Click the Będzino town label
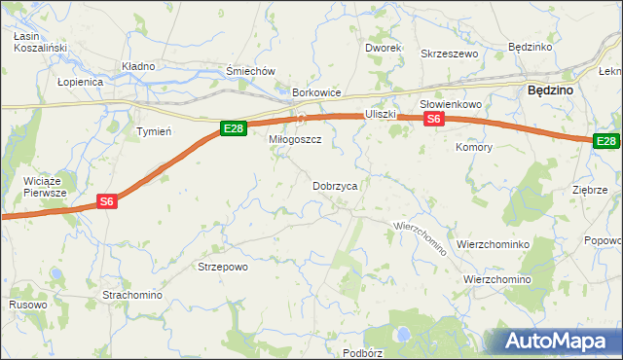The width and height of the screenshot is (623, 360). pyautogui.click(x=549, y=89)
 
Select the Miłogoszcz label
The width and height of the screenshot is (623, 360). pyautogui.click(x=295, y=139)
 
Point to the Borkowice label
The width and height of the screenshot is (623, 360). pyautogui.click(x=316, y=93)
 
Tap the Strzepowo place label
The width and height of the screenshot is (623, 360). pyautogui.click(x=223, y=266)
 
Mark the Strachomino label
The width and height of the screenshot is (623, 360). pyautogui.click(x=132, y=294)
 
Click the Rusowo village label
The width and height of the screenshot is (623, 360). pyautogui.click(x=27, y=305)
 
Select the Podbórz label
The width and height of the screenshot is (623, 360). pyautogui.click(x=363, y=352)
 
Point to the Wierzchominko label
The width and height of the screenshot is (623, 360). pyautogui.click(x=493, y=245)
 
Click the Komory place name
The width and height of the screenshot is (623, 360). pyautogui.click(x=474, y=147)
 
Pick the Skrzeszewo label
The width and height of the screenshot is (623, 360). pyautogui.click(x=449, y=54)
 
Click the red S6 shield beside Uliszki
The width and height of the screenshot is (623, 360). pyautogui.click(x=434, y=119)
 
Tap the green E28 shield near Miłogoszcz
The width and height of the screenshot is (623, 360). pyautogui.click(x=232, y=127)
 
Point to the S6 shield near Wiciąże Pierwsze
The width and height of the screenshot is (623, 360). pyautogui.click(x=107, y=201)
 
